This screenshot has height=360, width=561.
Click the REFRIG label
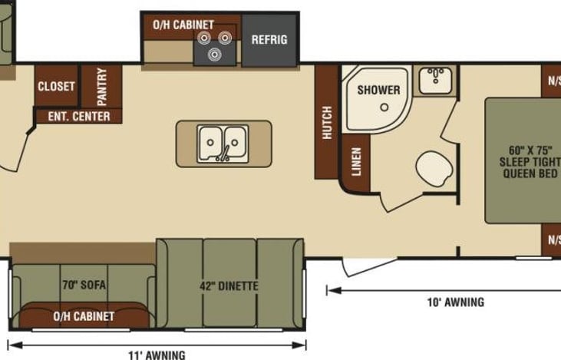point(269,39)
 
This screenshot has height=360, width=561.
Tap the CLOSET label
point(56,86)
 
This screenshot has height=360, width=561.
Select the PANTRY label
point(101,87)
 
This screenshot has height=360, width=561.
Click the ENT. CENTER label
point(79,117)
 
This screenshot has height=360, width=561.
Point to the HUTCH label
point(327,122)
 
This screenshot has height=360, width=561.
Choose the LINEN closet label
point(357,161)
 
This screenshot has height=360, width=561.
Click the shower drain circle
point(384,107)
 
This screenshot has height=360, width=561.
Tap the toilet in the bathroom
point(434,169)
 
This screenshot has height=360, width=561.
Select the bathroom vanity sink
point(435,80)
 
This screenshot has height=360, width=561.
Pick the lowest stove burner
point(214,54)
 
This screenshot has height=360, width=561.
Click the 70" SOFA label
point(84,285)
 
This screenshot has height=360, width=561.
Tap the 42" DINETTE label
point(229,286)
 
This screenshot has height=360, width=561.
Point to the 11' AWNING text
point(157,355)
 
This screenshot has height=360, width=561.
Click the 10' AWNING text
point(456,302)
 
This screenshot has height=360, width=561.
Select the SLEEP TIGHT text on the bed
point(530,162)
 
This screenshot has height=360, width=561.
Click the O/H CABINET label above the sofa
point(84,316)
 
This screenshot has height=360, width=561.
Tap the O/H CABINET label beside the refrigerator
point(183,25)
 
